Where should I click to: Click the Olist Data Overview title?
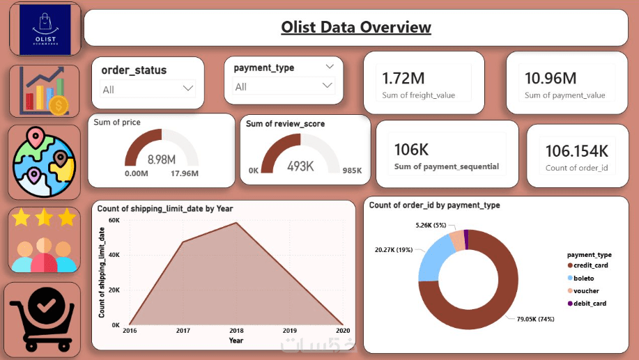pos(356,28)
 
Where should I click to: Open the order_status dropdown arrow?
pos(187,88)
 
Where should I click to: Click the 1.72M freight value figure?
pos(403,78)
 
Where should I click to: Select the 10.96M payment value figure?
pos(551,78)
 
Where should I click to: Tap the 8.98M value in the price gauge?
pos(162,159)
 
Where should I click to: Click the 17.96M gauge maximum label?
pos(185,173)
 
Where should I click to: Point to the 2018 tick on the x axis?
pos(236,331)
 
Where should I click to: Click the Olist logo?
pos(45,29)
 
